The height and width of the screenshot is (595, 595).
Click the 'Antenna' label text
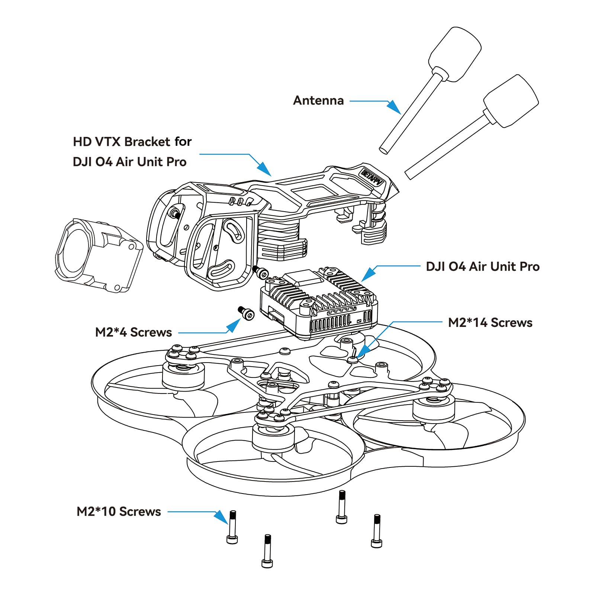[318, 100]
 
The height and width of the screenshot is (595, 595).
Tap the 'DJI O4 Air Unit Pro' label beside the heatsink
[482, 266]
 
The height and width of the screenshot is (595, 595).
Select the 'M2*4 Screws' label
[134, 332]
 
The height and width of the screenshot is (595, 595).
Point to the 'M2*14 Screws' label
[490, 322]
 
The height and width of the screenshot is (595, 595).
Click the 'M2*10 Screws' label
[119, 511]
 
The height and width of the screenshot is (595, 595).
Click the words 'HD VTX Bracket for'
[132, 142]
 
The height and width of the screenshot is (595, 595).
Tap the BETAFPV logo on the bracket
[372, 178]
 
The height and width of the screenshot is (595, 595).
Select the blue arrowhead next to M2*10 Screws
[222, 517]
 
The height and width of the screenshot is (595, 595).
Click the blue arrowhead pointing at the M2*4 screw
[234, 326]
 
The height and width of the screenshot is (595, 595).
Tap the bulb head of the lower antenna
[511, 101]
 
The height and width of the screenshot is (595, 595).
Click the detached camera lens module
[99, 254]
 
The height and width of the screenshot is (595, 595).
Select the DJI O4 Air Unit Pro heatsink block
[319, 302]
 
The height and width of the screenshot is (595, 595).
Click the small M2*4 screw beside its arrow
[246, 313]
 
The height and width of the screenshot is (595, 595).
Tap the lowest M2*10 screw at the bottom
[267, 551]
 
